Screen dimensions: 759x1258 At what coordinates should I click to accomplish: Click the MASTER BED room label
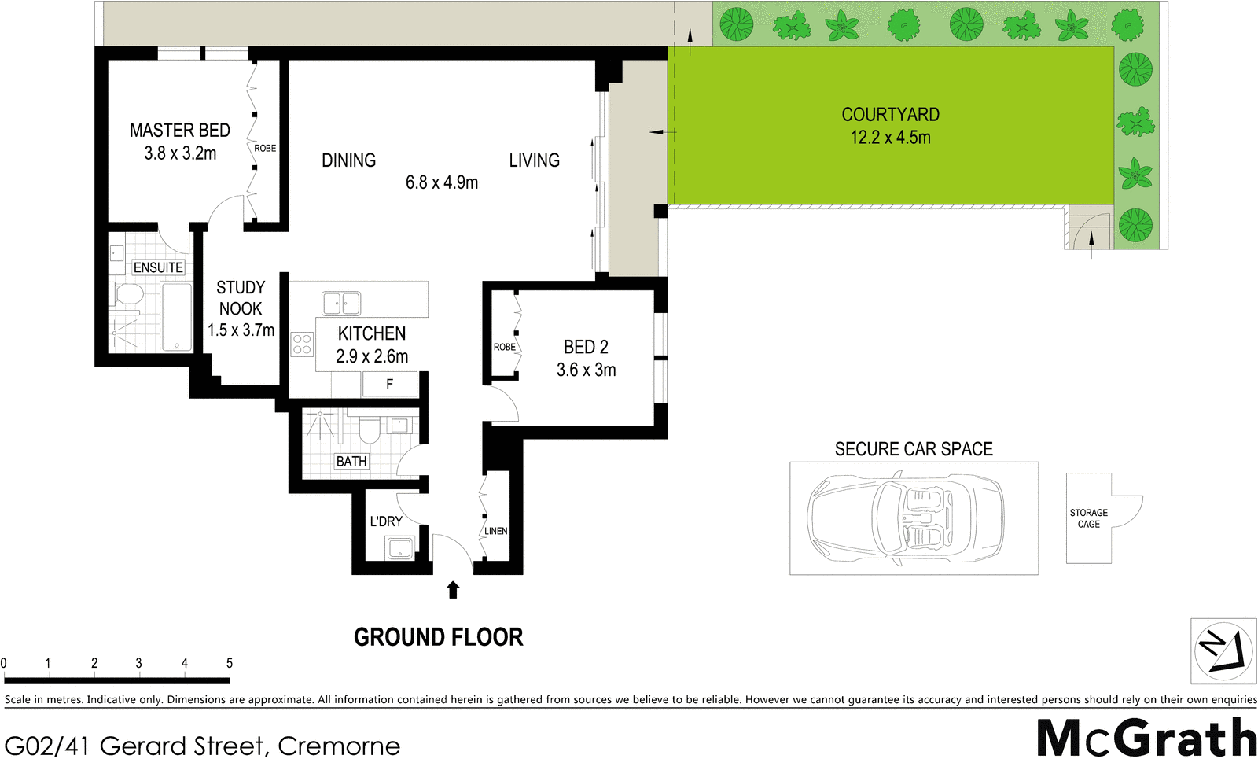point(179,131)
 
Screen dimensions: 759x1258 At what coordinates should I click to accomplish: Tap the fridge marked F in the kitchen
point(389,385)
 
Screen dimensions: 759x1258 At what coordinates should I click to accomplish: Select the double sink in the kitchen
point(341,303)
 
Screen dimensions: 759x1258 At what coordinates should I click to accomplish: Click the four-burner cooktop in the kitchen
point(302,344)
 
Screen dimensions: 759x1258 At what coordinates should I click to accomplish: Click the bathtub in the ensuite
point(176,318)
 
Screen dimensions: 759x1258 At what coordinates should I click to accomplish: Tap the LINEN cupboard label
point(495,531)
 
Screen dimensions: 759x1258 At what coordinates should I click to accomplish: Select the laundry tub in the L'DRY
point(399,547)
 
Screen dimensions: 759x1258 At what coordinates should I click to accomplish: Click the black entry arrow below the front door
point(453,590)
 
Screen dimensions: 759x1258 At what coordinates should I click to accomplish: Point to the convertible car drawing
point(906,518)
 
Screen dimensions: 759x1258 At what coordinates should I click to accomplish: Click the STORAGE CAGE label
point(1088,518)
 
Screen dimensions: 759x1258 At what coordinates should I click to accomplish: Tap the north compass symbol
point(1223,650)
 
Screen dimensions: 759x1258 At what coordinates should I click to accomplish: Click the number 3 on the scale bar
point(138,663)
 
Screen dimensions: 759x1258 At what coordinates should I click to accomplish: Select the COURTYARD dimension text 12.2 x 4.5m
point(890,138)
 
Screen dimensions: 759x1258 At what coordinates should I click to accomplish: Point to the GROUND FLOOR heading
point(438,637)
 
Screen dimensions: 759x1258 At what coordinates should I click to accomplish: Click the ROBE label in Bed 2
point(504,347)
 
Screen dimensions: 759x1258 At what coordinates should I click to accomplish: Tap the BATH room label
point(351,462)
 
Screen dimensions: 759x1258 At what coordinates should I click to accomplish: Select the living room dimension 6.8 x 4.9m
point(441,182)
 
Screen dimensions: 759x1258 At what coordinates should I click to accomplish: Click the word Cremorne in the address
point(339,746)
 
